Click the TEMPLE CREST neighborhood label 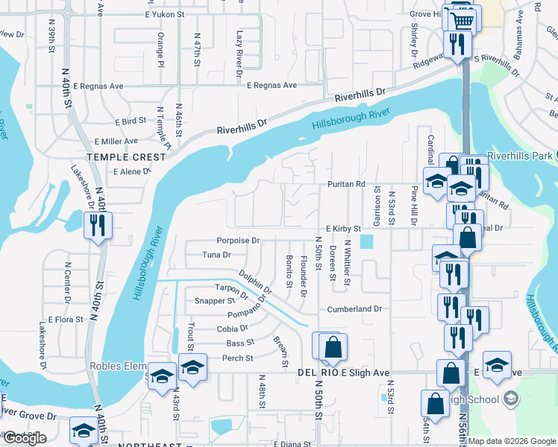pos(126,157)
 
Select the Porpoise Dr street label pos(238,241)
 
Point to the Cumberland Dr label pos(354,308)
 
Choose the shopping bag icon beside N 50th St pos(333,347)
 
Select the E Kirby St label pos(343,229)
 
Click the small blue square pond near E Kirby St pos(366,242)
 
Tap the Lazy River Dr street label pos(240,54)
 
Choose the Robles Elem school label pos(117,366)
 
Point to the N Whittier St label pos(347,262)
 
